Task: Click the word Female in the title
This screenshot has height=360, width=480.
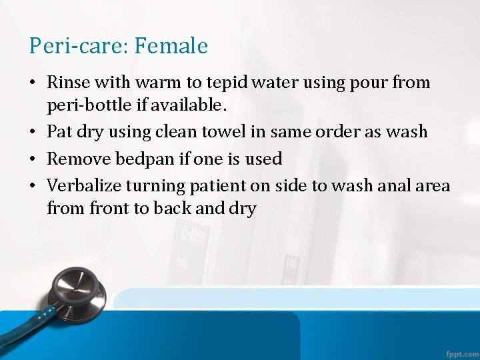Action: point(171,46)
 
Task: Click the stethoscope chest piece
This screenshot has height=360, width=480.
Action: point(78,293)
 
